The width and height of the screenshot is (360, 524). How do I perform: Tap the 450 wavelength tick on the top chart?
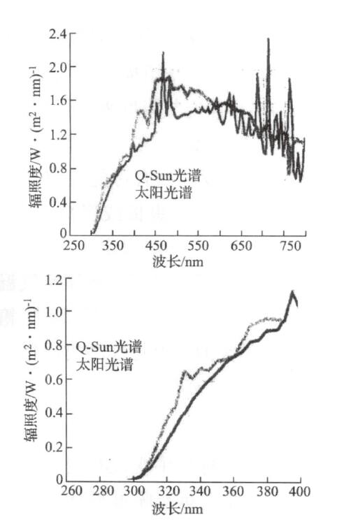point(158,247)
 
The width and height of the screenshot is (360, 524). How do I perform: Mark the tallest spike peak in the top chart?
point(268,39)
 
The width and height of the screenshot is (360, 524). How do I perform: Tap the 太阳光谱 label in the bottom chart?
point(98,363)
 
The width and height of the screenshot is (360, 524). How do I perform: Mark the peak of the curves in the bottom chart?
point(292,292)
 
